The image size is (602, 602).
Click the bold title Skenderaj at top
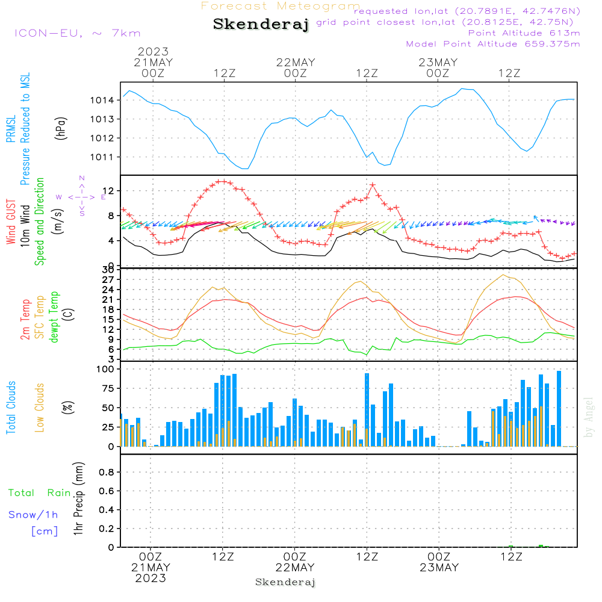pos(261,25)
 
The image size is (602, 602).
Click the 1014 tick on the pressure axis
pos(105,100)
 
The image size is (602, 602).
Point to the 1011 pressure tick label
pos(105,157)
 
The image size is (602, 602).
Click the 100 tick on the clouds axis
pos(105,369)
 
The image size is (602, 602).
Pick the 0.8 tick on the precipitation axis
pos(107,473)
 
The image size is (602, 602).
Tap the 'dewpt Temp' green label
pos(54,317)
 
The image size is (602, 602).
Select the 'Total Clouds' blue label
pos(11,408)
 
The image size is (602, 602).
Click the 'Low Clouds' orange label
pos(40,408)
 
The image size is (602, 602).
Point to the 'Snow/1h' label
pos(34,515)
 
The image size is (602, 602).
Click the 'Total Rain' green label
pos(39,493)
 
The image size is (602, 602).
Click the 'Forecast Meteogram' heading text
pos(281,6)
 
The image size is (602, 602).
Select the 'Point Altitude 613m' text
pos(524,33)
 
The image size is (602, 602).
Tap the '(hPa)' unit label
pos(60,128)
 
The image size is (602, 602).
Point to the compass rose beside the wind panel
pos(82,196)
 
